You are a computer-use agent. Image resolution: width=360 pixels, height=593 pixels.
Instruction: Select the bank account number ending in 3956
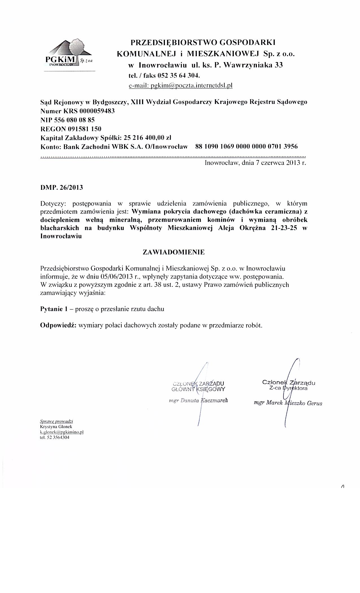[246, 147]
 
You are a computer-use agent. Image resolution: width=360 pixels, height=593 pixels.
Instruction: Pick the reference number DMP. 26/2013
[62, 188]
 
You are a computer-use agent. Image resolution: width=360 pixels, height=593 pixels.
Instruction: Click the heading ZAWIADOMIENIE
[174, 252]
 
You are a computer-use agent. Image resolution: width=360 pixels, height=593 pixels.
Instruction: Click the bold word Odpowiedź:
[58, 325]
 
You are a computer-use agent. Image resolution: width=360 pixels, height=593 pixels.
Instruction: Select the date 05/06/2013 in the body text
[117, 276]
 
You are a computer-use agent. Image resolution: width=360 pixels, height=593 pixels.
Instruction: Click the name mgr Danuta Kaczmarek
[198, 400]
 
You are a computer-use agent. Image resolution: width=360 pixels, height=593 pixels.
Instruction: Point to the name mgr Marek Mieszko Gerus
[288, 403]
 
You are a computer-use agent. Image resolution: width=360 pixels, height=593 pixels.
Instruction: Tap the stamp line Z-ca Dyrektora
[288, 388]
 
